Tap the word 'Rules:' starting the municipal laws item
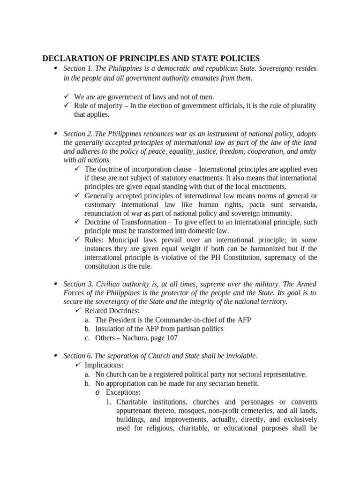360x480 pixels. [x=94, y=240]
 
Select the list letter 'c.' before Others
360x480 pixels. [x=87, y=337]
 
